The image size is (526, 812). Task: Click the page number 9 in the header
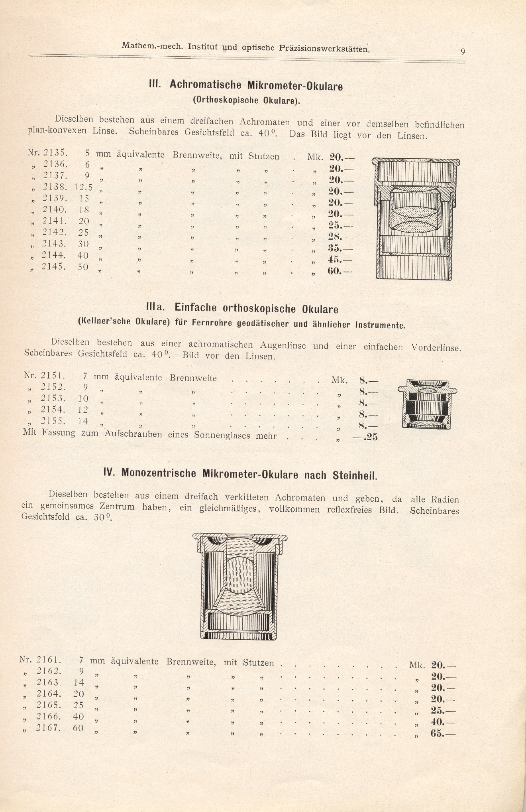click(463, 51)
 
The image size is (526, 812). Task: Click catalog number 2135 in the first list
click(53, 153)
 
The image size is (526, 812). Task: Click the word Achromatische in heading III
click(206, 85)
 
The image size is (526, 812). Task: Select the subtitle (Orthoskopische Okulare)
click(246, 100)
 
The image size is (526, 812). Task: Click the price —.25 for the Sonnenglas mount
click(365, 438)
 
